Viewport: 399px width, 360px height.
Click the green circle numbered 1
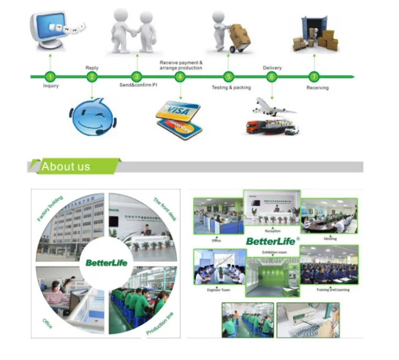pos(50,76)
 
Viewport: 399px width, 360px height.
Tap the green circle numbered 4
pos(180,76)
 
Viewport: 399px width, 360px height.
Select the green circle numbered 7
pos(314,76)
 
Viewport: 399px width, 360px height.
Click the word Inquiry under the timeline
pos(50,86)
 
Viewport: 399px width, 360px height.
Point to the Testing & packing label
pos(231,88)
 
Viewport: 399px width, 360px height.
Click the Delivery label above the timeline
pos(272,67)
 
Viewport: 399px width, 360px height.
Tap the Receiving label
pos(317,88)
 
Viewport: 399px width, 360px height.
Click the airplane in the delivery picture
pos(272,107)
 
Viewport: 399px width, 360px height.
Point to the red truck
pos(256,128)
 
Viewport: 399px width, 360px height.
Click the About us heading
pos(66,167)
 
